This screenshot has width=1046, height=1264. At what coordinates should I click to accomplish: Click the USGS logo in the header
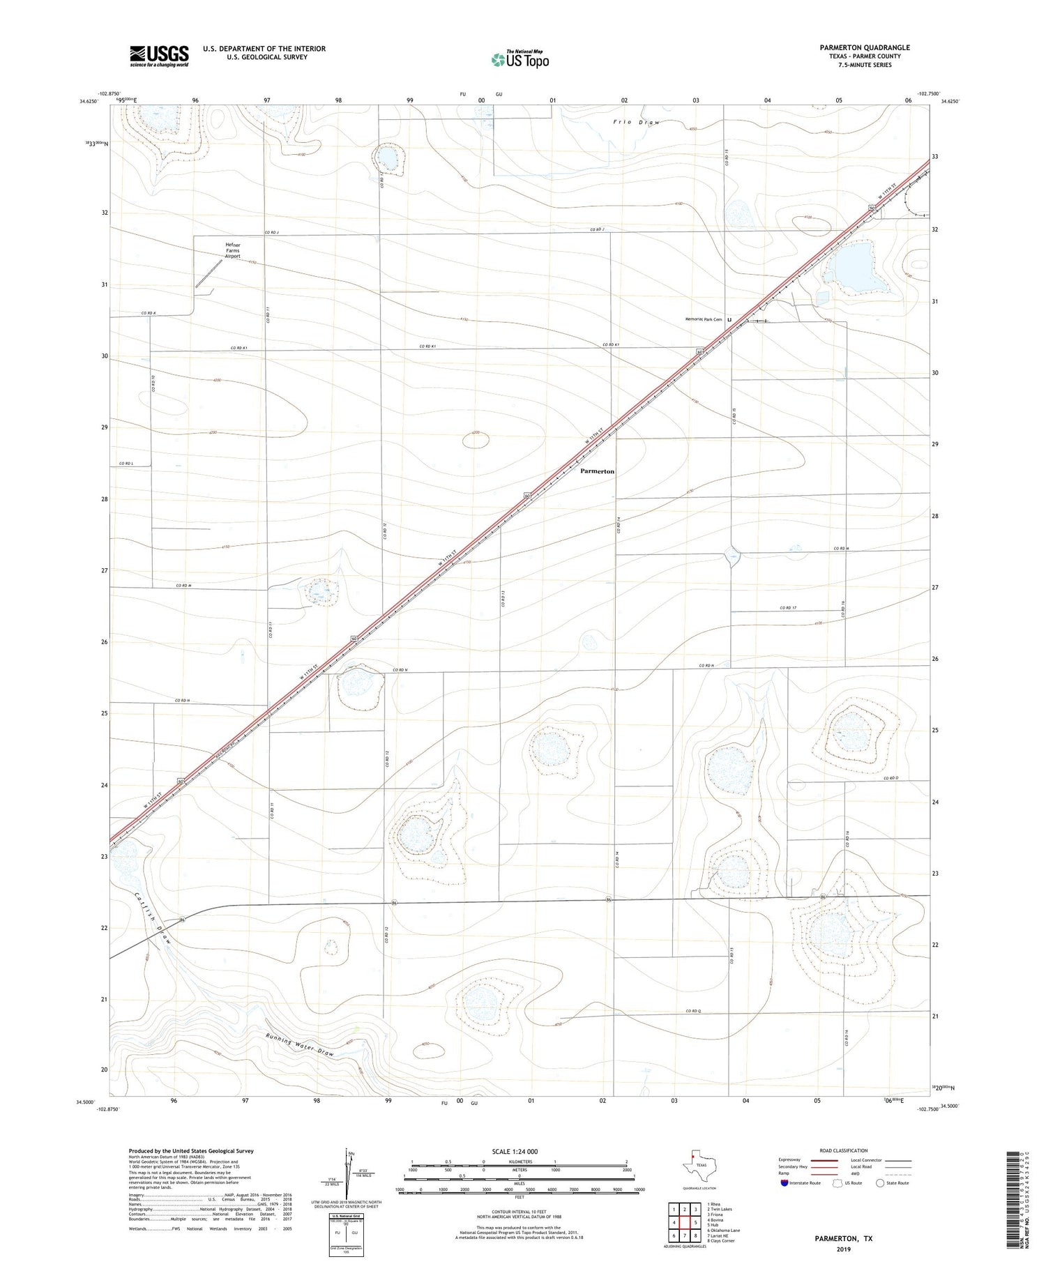click(x=159, y=56)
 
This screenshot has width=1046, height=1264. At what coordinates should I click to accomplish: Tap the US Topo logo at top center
click(x=520, y=60)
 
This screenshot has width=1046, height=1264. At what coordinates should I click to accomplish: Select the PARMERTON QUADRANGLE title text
click(x=865, y=47)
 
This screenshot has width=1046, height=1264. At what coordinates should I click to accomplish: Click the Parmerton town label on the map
click(x=598, y=471)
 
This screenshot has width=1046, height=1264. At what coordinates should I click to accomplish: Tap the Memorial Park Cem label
click(x=703, y=319)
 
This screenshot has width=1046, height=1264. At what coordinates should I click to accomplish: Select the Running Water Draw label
click(x=301, y=1044)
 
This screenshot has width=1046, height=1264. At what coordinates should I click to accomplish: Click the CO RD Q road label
click(x=692, y=1011)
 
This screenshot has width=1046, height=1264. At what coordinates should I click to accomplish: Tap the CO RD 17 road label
click(x=788, y=608)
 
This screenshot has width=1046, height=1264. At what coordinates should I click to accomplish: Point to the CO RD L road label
click(x=126, y=464)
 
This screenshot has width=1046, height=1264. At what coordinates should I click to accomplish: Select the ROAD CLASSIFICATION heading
click(x=843, y=1150)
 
